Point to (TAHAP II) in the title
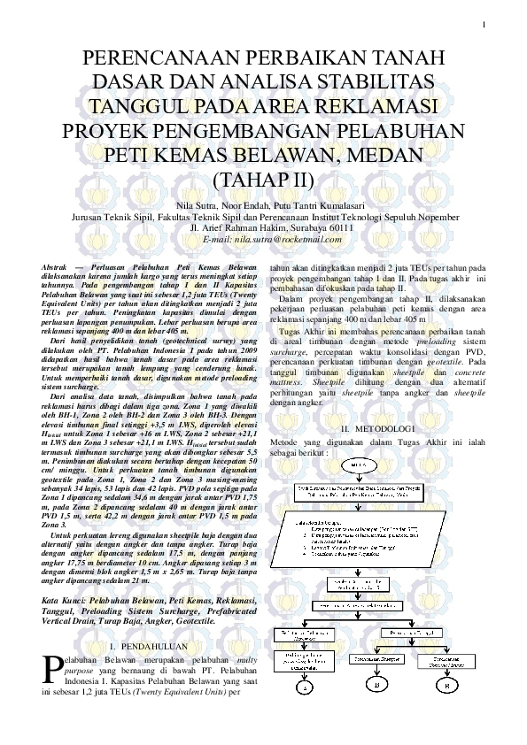click(x=263, y=180)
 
